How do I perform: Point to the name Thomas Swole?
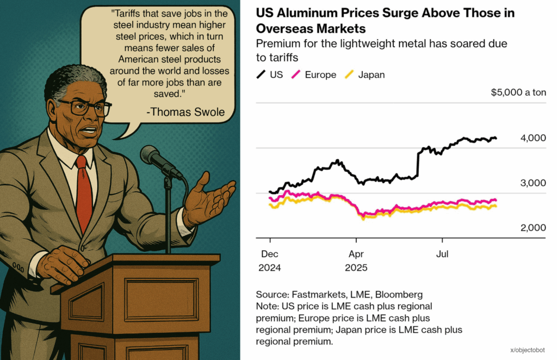[x=185, y=112]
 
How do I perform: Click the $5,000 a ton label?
[x=518, y=92]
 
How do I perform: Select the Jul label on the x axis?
[x=442, y=254]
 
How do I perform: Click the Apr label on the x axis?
[x=356, y=254]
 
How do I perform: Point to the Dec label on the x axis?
[x=269, y=254]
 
